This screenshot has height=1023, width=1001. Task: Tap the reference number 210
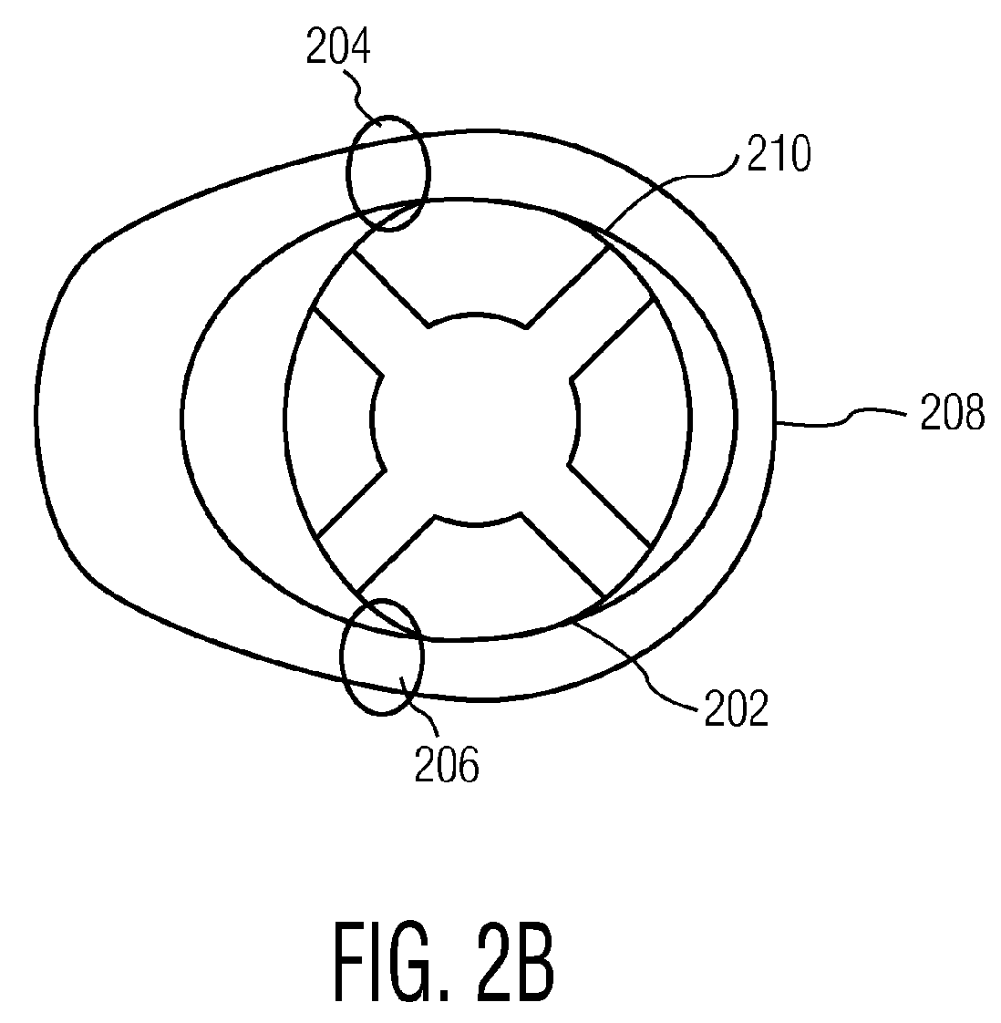point(778,156)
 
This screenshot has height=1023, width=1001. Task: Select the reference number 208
point(952,416)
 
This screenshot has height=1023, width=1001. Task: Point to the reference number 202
point(736,708)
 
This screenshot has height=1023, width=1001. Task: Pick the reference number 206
point(447,767)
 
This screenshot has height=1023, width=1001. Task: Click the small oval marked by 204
point(387,173)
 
